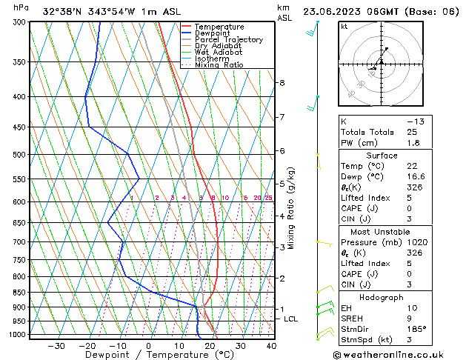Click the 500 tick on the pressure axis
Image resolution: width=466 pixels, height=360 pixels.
click(19, 155)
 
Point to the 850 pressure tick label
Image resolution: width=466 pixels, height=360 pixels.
click(19, 293)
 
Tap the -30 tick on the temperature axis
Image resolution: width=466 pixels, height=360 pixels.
click(56, 345)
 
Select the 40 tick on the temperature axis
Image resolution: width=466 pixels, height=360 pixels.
click(271, 345)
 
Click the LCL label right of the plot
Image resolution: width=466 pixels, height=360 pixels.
click(290, 319)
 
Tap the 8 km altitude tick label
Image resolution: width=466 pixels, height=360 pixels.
click(282, 82)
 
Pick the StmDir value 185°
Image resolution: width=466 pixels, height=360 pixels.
click(419, 329)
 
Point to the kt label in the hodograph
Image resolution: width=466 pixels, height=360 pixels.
click(344, 26)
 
